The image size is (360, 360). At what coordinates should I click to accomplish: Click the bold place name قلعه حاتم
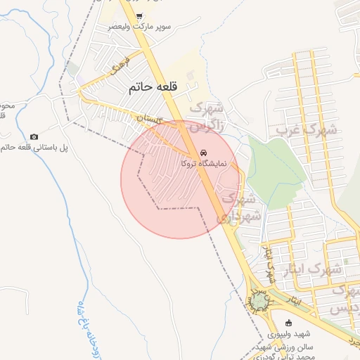tap(151, 88)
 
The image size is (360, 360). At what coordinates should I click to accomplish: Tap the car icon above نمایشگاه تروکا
tap(203, 153)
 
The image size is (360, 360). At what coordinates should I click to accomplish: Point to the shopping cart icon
tap(139, 16)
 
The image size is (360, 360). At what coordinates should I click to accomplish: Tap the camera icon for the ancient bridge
tap(34, 136)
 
